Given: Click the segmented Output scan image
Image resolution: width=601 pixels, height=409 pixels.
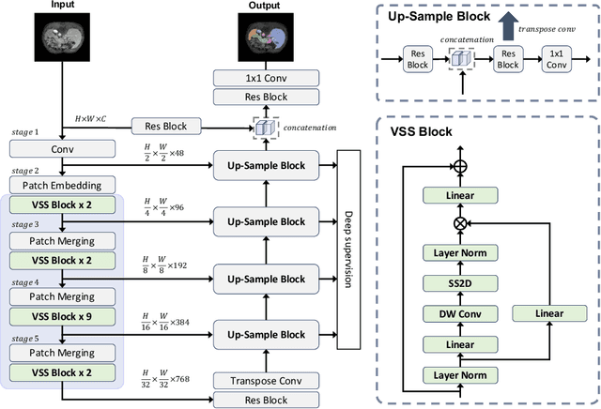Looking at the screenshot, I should (x=265, y=39).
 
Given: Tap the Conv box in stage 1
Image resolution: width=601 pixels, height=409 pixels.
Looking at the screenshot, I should (x=62, y=147).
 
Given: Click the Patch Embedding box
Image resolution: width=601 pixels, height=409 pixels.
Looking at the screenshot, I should (x=62, y=183).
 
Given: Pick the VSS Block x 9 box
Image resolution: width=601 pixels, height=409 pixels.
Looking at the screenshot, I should (x=62, y=317).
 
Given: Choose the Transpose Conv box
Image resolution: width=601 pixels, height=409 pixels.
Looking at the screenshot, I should (x=264, y=380).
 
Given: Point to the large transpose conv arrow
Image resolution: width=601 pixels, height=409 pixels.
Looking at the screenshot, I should (x=507, y=26).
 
